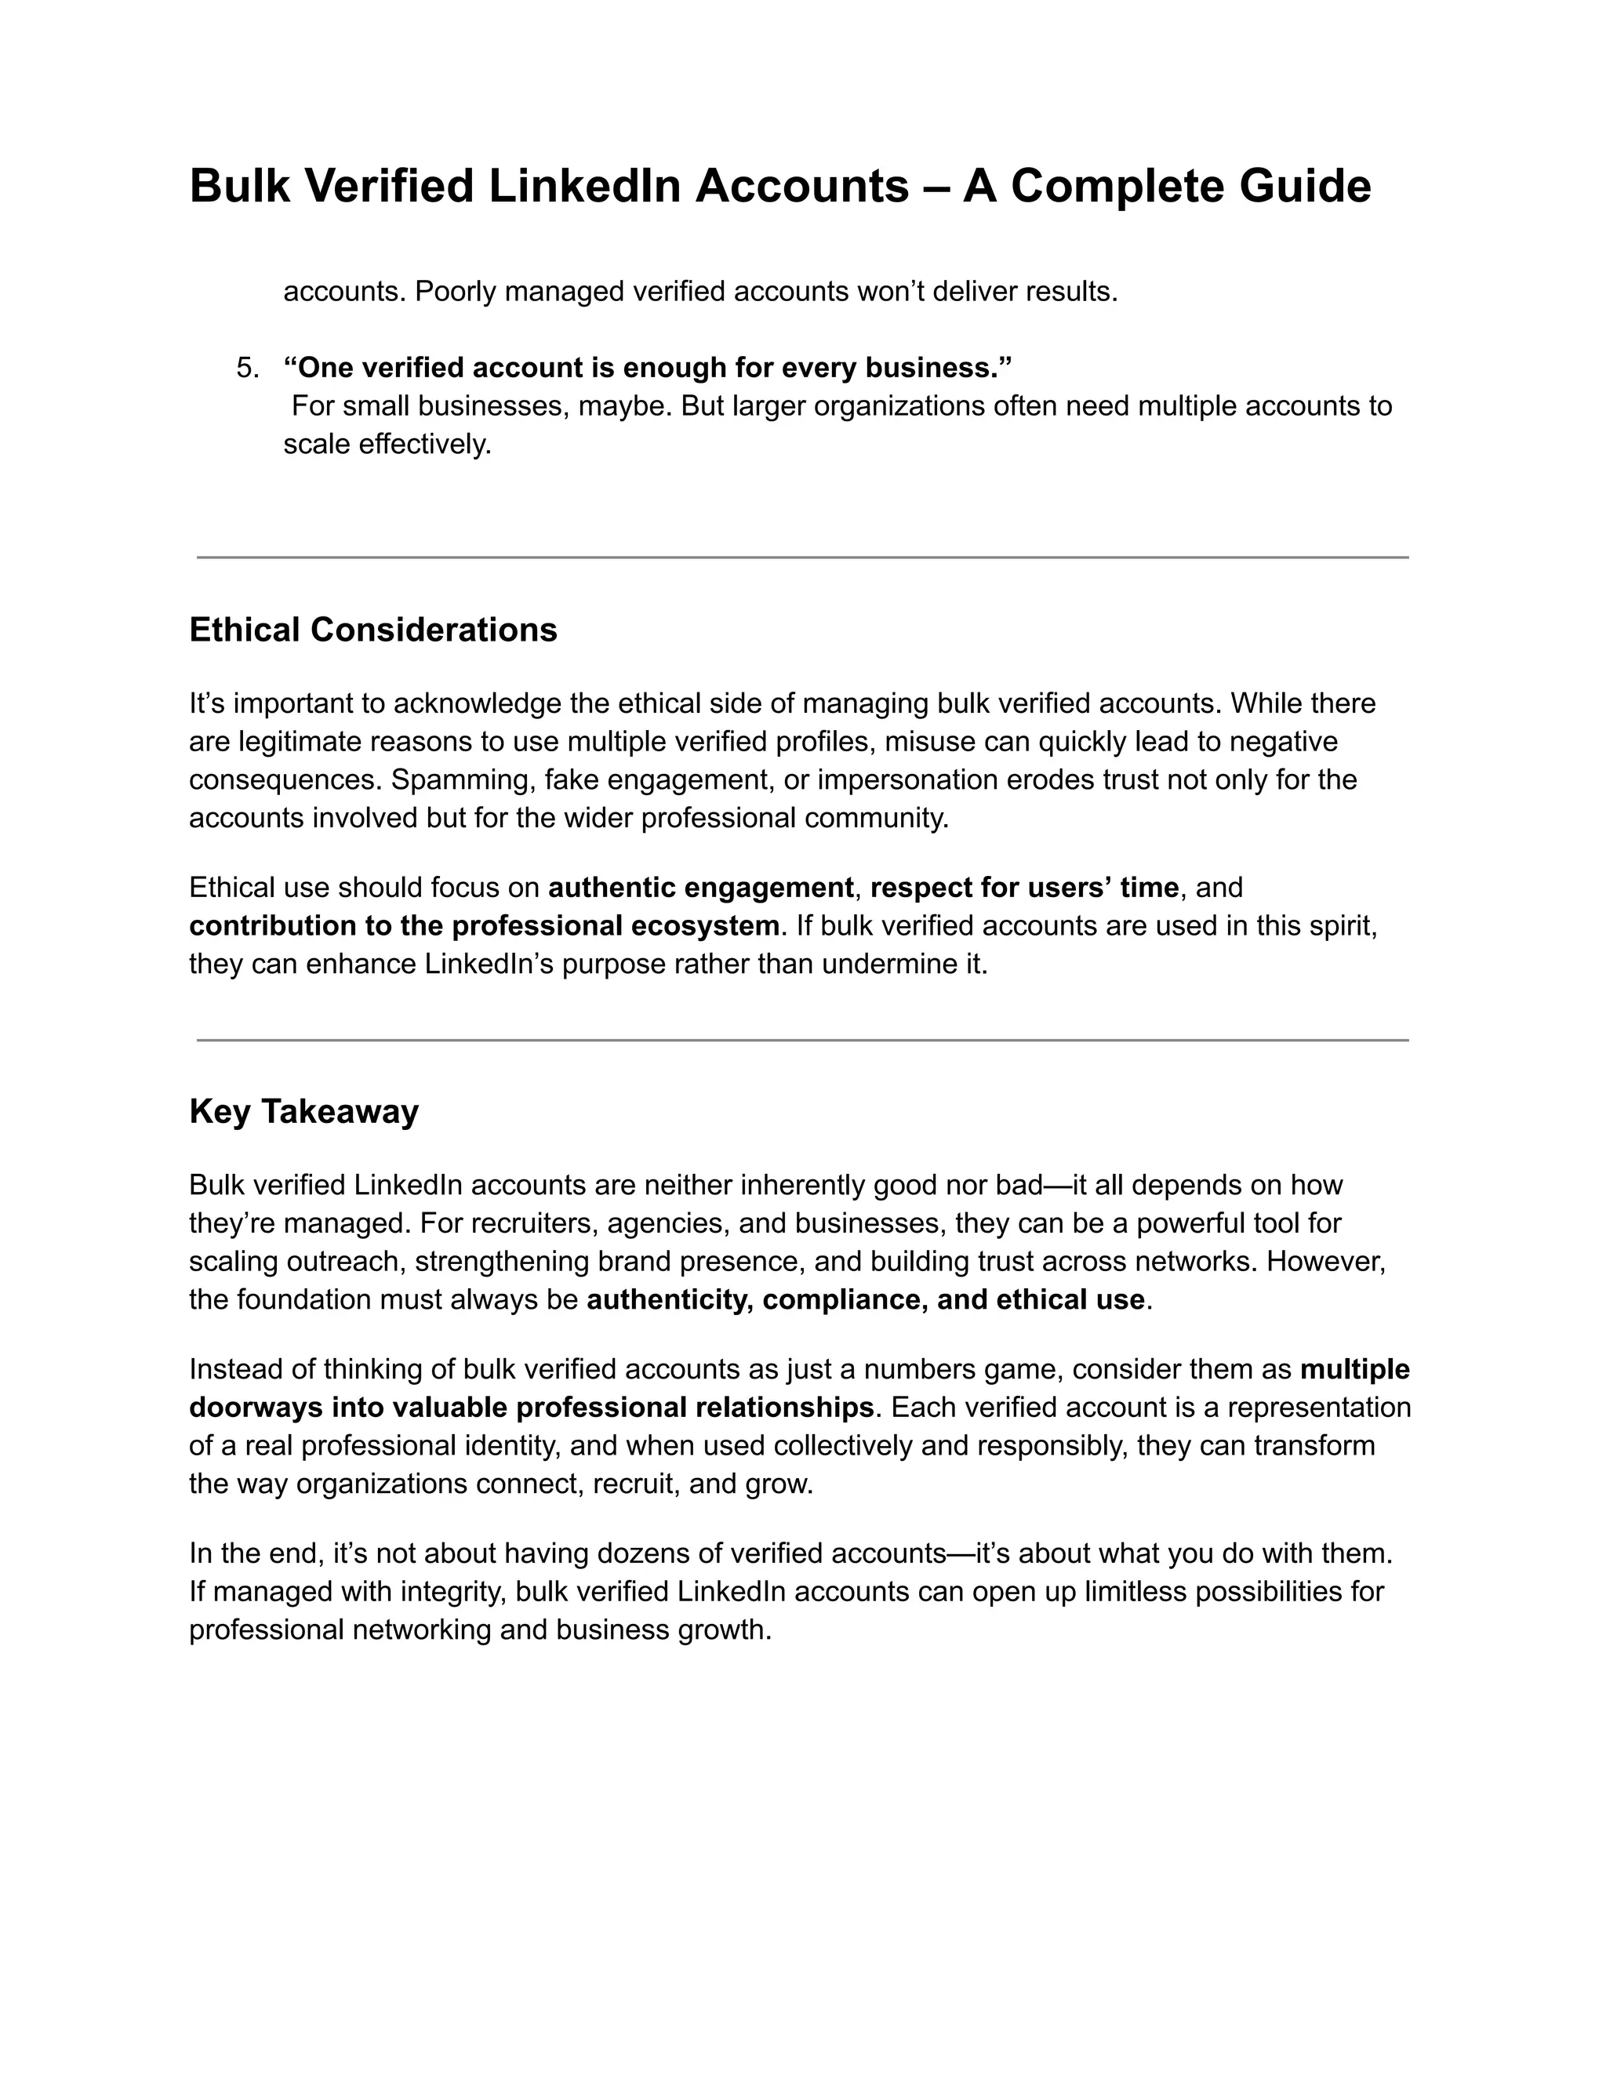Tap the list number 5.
(245, 369)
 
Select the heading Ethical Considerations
(373, 630)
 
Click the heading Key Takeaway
(303, 1111)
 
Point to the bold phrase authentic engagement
(701, 888)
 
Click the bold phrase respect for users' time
(1023, 888)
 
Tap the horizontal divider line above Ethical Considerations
(802, 558)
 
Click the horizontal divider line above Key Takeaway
(802, 1040)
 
